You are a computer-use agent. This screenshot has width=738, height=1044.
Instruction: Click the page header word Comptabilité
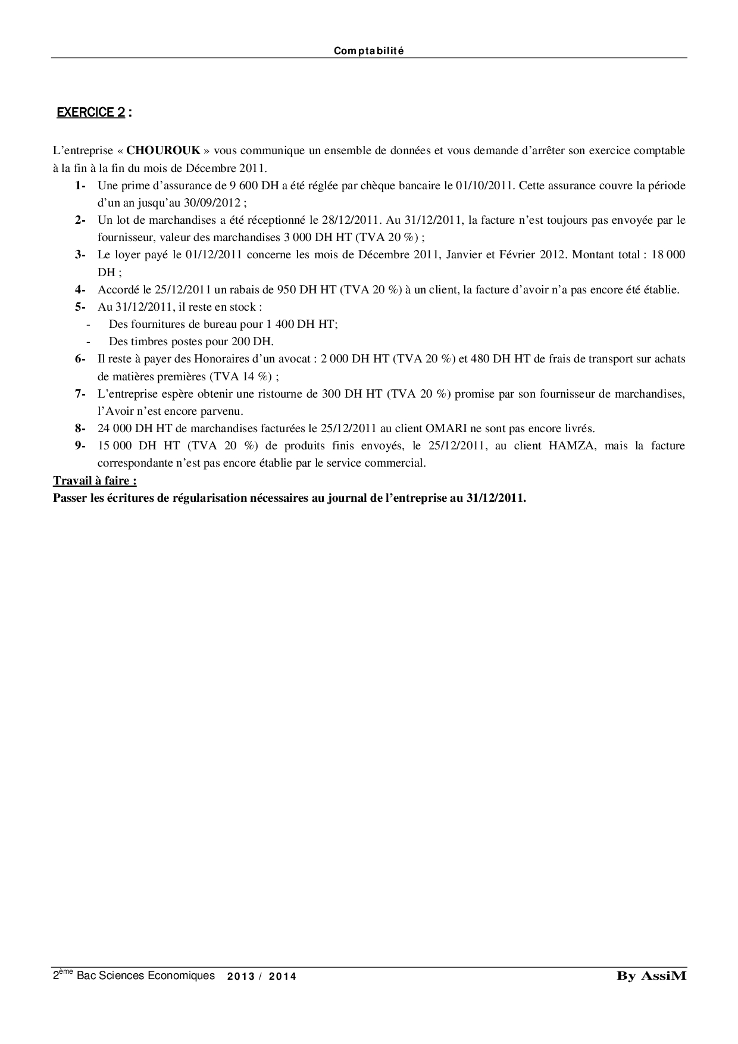368,51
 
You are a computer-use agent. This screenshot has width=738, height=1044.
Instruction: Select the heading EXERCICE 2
90,112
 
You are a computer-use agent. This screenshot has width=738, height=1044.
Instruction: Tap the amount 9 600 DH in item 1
250,185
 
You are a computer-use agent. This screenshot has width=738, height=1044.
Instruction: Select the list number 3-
80,255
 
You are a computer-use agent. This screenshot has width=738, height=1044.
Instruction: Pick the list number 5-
80,307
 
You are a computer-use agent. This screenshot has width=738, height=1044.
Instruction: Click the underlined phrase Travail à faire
95,481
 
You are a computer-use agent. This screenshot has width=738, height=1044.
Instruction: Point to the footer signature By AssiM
651,976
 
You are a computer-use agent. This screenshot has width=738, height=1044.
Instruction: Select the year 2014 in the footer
283,976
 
